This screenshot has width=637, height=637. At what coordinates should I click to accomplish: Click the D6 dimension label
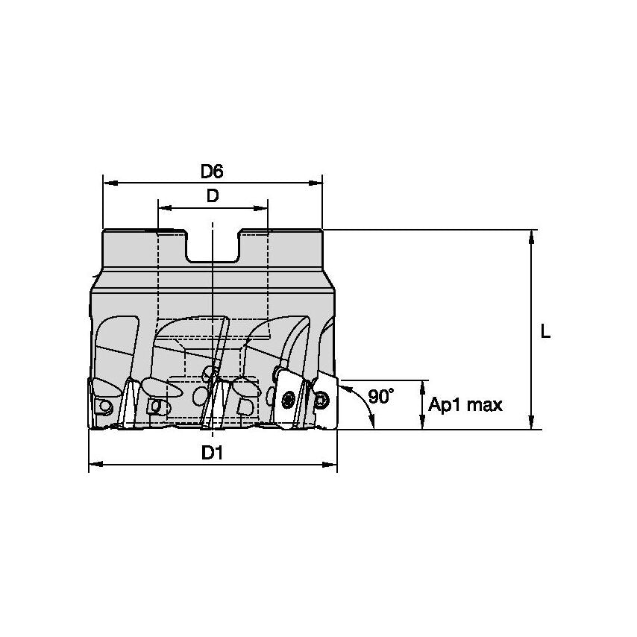click(212, 172)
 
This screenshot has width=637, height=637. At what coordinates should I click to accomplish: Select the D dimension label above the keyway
click(213, 197)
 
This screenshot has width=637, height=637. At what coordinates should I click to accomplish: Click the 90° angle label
click(380, 397)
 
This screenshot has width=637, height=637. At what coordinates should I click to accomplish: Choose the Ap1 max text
click(465, 405)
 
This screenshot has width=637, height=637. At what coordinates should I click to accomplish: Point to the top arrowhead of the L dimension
click(531, 235)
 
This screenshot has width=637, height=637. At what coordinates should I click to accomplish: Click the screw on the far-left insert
click(105, 406)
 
